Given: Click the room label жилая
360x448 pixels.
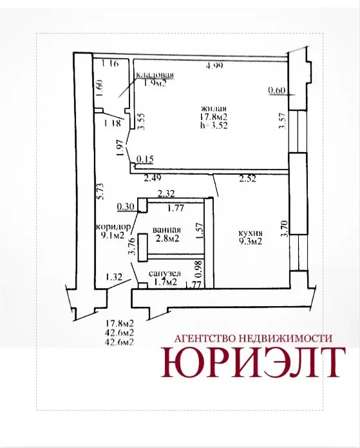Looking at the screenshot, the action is click(214, 108).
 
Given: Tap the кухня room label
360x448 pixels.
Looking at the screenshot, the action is click(251, 233).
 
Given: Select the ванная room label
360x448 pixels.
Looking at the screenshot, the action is click(166, 230).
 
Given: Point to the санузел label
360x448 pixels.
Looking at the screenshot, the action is click(165, 273).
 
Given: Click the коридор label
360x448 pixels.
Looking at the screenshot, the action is click(113, 227).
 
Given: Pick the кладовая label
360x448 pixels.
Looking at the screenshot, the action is click(155, 75).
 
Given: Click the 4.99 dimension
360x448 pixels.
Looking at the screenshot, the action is click(214, 66).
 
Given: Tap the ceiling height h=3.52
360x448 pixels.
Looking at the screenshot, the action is click(214, 126).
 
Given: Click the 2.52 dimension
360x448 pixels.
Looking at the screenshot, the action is click(247, 179).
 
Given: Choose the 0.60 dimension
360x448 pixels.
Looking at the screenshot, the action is click(277, 91).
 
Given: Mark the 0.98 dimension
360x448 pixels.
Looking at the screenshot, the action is click(199, 269).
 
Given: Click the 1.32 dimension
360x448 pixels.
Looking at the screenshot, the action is click(114, 277).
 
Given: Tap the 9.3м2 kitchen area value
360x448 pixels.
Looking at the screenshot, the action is click(251, 242).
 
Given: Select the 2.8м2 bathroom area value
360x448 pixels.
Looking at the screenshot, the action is click(167, 239).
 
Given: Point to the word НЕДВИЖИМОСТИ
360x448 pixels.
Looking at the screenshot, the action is click(285, 338).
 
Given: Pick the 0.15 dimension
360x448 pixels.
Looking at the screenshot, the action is click(145, 159).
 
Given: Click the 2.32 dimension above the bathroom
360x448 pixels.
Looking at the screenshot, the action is click(166, 194).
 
